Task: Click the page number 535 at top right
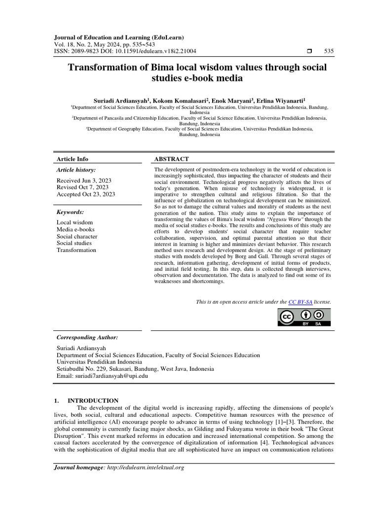(329, 51)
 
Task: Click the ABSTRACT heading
(172, 159)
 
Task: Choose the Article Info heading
(73, 159)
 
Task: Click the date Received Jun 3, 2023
(84, 180)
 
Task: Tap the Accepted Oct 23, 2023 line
(86, 194)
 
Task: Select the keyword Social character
(77, 236)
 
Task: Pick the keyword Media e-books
(76, 229)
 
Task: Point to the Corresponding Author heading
(87, 337)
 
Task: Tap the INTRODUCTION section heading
(93, 400)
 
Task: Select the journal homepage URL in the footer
(145, 467)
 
